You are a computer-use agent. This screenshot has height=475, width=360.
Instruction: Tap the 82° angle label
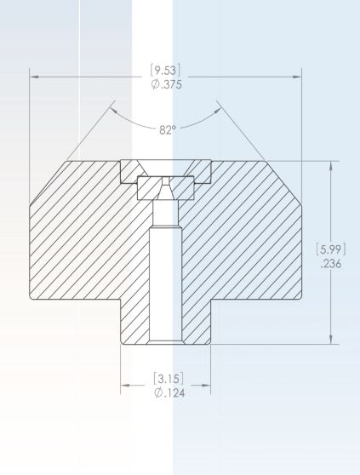tap(168, 130)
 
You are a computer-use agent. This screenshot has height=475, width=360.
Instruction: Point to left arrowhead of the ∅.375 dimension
tap(35, 77)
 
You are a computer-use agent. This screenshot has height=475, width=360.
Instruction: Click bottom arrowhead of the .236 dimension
tap(331, 341)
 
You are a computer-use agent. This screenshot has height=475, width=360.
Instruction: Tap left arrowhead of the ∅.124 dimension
tap(123, 385)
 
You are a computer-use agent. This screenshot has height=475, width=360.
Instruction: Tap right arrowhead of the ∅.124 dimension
tap(207, 385)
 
